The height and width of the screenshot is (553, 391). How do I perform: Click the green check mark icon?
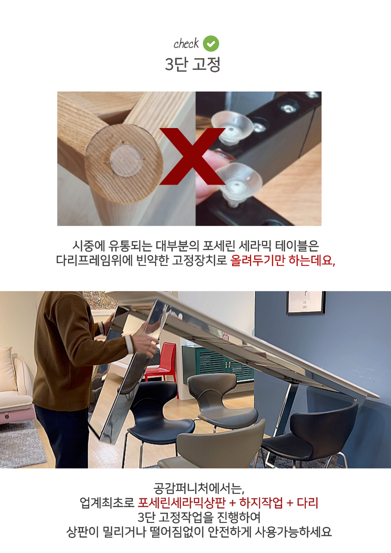pos(211,44)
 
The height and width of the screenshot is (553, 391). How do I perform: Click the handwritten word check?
pos(186,44)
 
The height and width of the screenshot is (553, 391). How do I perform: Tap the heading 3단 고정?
pos(193,64)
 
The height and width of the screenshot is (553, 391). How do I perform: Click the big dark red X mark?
pos(193,156)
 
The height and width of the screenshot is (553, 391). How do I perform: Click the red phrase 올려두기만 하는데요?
pos(283,260)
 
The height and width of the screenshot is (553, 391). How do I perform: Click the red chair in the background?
pos(163,363)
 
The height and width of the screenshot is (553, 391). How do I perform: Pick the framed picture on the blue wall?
pos(305,302)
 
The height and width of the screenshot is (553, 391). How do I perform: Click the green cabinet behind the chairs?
pos(219,363)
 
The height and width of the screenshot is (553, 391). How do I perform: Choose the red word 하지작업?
pos(261,503)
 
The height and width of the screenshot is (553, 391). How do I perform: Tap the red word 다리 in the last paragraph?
pos(307,503)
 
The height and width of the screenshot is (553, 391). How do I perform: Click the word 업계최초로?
pos(107,503)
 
